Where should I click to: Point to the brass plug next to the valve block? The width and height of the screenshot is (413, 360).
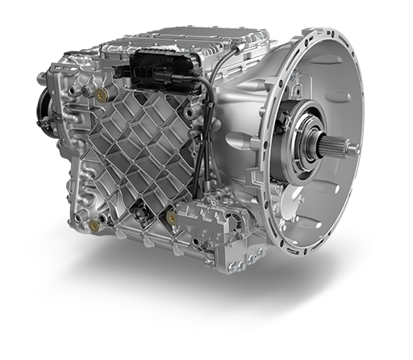coord(172,217)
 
